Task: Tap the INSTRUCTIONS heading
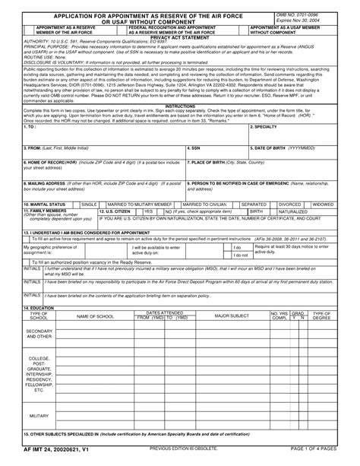180,106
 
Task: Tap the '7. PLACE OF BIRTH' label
222,162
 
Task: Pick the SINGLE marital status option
89,204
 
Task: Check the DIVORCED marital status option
289,204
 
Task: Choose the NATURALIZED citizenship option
293,211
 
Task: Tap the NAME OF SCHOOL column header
96,315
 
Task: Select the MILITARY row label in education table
39,417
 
